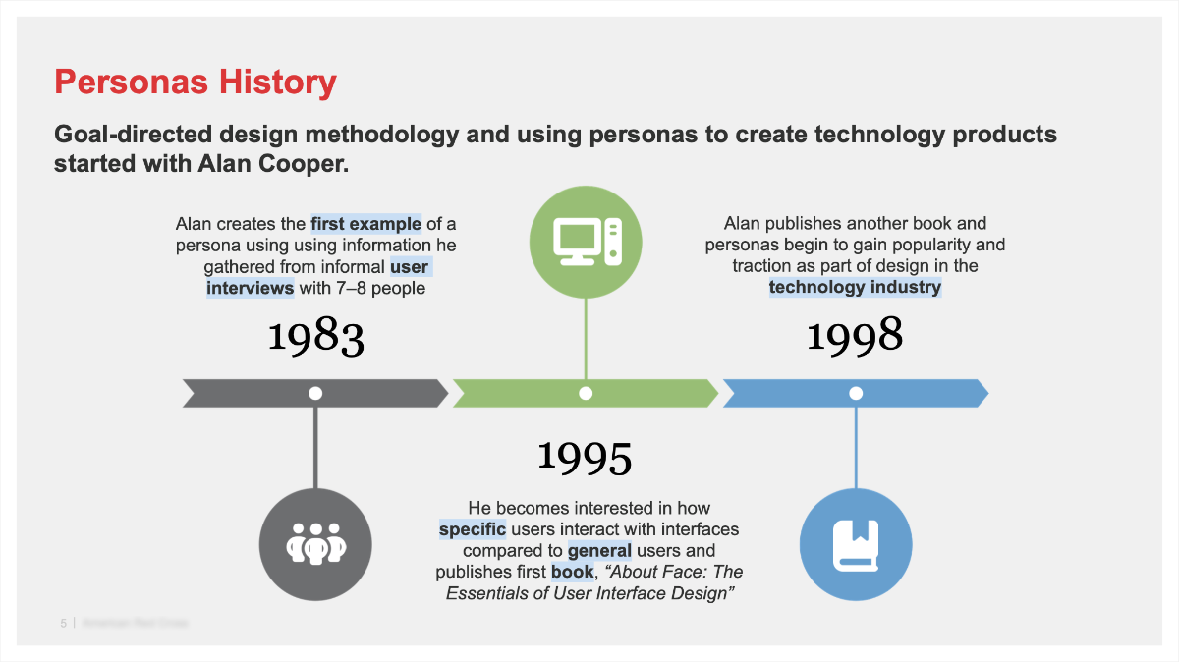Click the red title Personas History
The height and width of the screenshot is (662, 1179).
click(195, 83)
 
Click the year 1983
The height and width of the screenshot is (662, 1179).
click(315, 336)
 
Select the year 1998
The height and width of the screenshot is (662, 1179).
click(855, 336)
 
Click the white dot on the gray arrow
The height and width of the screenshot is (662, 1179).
click(315, 393)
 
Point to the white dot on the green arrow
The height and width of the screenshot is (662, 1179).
click(586, 393)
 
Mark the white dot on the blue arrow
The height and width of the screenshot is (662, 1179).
click(856, 393)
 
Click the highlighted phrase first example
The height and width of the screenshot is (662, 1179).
click(365, 223)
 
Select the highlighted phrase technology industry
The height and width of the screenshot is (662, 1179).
click(855, 287)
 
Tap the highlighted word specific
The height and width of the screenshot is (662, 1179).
click(472, 529)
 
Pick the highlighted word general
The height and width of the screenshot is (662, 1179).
click(599, 550)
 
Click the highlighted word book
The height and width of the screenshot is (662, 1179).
click(572, 572)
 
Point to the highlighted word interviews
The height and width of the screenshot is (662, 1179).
click(250, 288)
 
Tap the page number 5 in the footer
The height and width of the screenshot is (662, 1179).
click(63, 623)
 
